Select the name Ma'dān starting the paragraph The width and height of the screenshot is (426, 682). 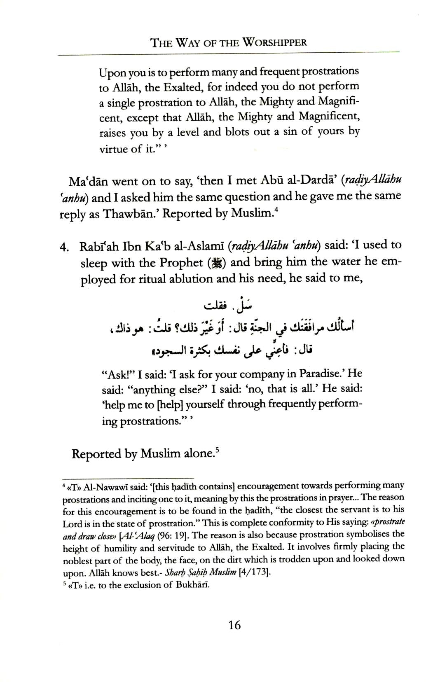pos(87,181)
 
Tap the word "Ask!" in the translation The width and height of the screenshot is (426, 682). pos(117,374)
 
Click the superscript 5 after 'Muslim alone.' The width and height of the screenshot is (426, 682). pos(215,451)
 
